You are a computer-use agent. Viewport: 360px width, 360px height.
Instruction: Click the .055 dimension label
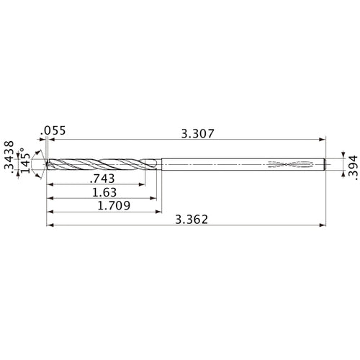tap(53, 131)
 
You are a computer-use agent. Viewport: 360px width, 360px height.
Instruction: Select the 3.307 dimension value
tap(197, 134)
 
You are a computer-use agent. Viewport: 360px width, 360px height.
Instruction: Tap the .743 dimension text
tap(102, 179)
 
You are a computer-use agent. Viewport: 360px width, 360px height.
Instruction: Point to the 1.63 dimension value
tap(104, 192)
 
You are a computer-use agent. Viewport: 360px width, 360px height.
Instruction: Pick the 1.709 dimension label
tap(114, 206)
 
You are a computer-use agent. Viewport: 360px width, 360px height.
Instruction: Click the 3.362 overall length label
tap(192, 220)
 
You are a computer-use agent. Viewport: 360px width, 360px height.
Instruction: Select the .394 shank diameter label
tap(353, 168)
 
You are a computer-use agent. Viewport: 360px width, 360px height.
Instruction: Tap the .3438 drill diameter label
tap(9, 157)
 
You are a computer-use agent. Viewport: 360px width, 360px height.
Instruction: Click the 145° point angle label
tap(25, 161)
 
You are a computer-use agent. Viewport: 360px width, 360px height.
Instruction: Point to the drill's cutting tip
tap(46, 164)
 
